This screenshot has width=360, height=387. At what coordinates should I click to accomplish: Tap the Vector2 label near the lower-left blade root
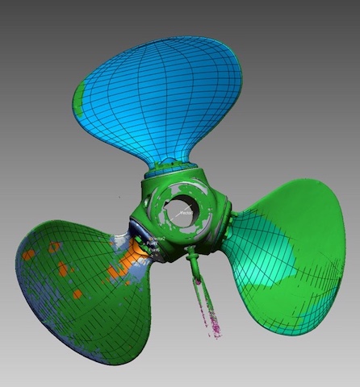tap(157, 239)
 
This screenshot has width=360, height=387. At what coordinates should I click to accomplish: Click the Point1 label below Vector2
tap(153, 247)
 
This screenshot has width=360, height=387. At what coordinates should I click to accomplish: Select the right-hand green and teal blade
tap(291, 258)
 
